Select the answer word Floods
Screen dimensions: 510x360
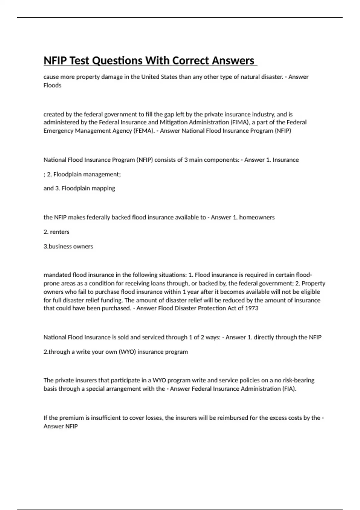point(52,85)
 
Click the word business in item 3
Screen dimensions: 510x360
point(60,246)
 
